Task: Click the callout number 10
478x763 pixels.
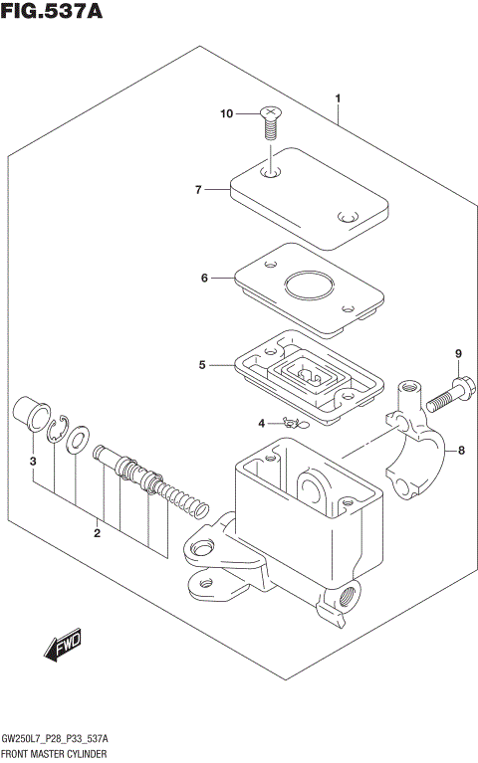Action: pyautogui.click(x=226, y=114)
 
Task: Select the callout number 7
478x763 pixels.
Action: pyautogui.click(x=198, y=189)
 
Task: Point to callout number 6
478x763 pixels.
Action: pyautogui.click(x=204, y=279)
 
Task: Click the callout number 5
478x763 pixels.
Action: pyautogui.click(x=201, y=365)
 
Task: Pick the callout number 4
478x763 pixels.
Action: pyautogui.click(x=262, y=423)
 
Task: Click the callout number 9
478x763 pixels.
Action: pyautogui.click(x=459, y=353)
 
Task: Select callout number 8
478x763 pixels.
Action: pyautogui.click(x=461, y=451)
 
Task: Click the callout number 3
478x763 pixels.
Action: pyautogui.click(x=33, y=462)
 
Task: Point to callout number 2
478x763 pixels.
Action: pyautogui.click(x=98, y=534)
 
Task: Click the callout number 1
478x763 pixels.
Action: pyautogui.click(x=339, y=98)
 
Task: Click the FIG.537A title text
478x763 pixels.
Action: pyautogui.click(x=51, y=13)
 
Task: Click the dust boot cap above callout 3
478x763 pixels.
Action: pyautogui.click(x=30, y=413)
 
